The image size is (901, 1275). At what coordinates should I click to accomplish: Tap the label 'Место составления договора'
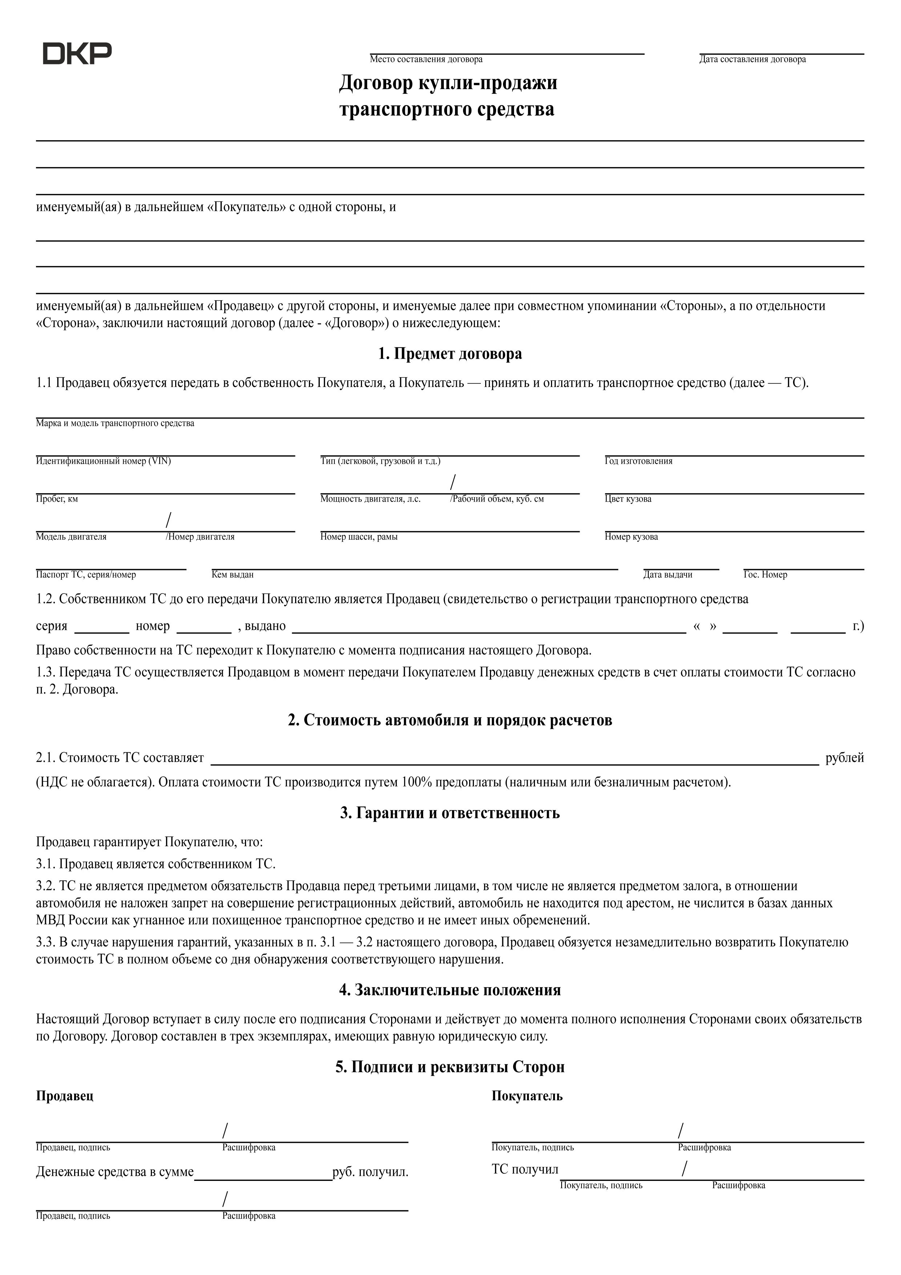pos(426,59)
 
